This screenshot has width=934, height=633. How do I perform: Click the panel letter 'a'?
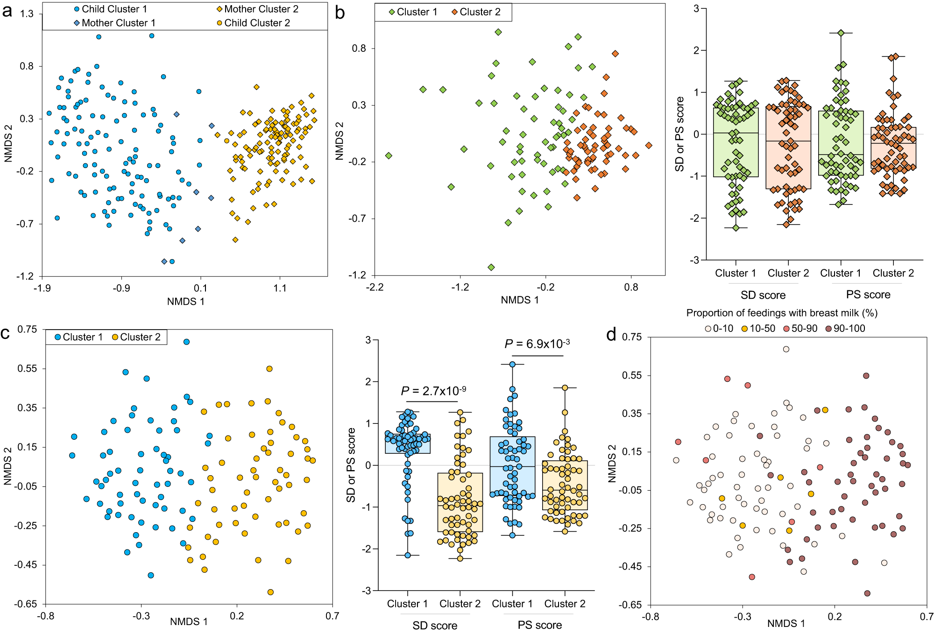7,11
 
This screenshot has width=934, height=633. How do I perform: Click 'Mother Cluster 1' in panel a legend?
118,23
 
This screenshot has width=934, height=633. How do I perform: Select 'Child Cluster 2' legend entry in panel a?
256,23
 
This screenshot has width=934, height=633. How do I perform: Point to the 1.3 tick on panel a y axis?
27,14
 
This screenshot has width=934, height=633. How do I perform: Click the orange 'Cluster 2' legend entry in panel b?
480,12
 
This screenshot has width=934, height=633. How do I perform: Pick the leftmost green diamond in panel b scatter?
389,156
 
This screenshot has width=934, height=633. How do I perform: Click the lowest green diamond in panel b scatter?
491,267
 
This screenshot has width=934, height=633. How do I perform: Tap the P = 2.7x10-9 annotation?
433,391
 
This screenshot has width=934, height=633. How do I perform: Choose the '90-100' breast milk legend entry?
849,329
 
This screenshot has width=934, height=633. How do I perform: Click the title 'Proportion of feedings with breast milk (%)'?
781,313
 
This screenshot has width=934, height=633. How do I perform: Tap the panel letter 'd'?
611,335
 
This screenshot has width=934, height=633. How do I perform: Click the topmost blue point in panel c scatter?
186,342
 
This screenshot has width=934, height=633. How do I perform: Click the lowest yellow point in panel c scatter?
270,592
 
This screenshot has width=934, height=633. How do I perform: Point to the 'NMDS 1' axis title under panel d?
786,624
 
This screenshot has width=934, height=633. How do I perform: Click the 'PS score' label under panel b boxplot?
868,295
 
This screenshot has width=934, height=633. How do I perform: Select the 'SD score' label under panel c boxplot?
435,626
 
